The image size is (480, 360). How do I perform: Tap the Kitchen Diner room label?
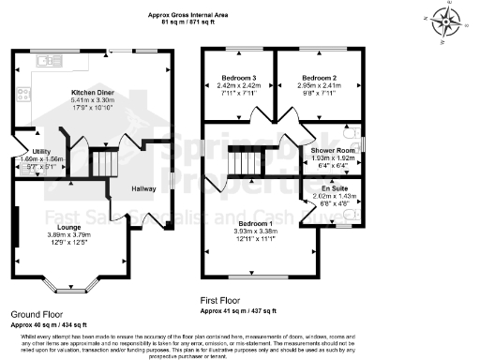tap(93, 93)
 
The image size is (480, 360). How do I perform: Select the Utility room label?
tap(41, 151)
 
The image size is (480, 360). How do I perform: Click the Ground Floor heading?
tap(38, 314)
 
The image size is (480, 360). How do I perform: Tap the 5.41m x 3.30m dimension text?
tap(93, 101)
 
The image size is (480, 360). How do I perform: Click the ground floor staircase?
tap(105, 163)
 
